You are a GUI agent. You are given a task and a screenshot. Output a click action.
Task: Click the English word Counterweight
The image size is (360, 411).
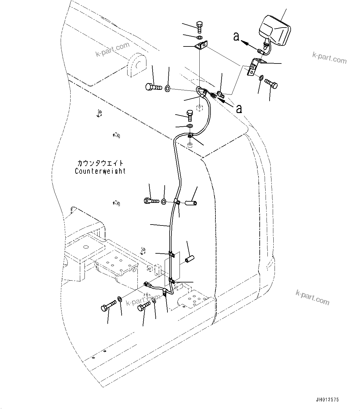tap(100, 171)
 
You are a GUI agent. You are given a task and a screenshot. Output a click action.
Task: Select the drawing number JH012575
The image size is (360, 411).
tap(327, 400)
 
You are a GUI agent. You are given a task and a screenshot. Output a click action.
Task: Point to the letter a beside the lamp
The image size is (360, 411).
tap(236, 37)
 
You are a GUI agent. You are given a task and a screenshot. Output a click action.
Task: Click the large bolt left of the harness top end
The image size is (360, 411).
tap(153, 87)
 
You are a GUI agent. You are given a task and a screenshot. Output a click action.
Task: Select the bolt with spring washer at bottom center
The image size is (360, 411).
tap(145, 307)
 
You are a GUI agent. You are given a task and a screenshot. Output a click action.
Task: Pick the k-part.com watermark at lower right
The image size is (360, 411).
tap(312, 298)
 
